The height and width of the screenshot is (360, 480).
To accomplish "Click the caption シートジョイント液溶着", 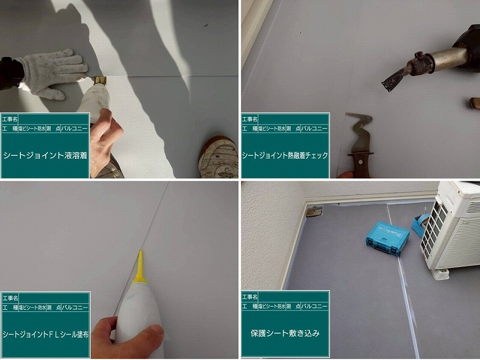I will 45,155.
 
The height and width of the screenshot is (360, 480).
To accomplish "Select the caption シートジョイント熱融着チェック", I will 285,155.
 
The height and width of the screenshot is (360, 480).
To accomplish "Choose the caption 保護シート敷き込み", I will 285,332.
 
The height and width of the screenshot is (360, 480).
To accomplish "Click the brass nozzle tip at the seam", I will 99,80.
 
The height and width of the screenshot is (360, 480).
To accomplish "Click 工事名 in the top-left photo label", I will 11,119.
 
